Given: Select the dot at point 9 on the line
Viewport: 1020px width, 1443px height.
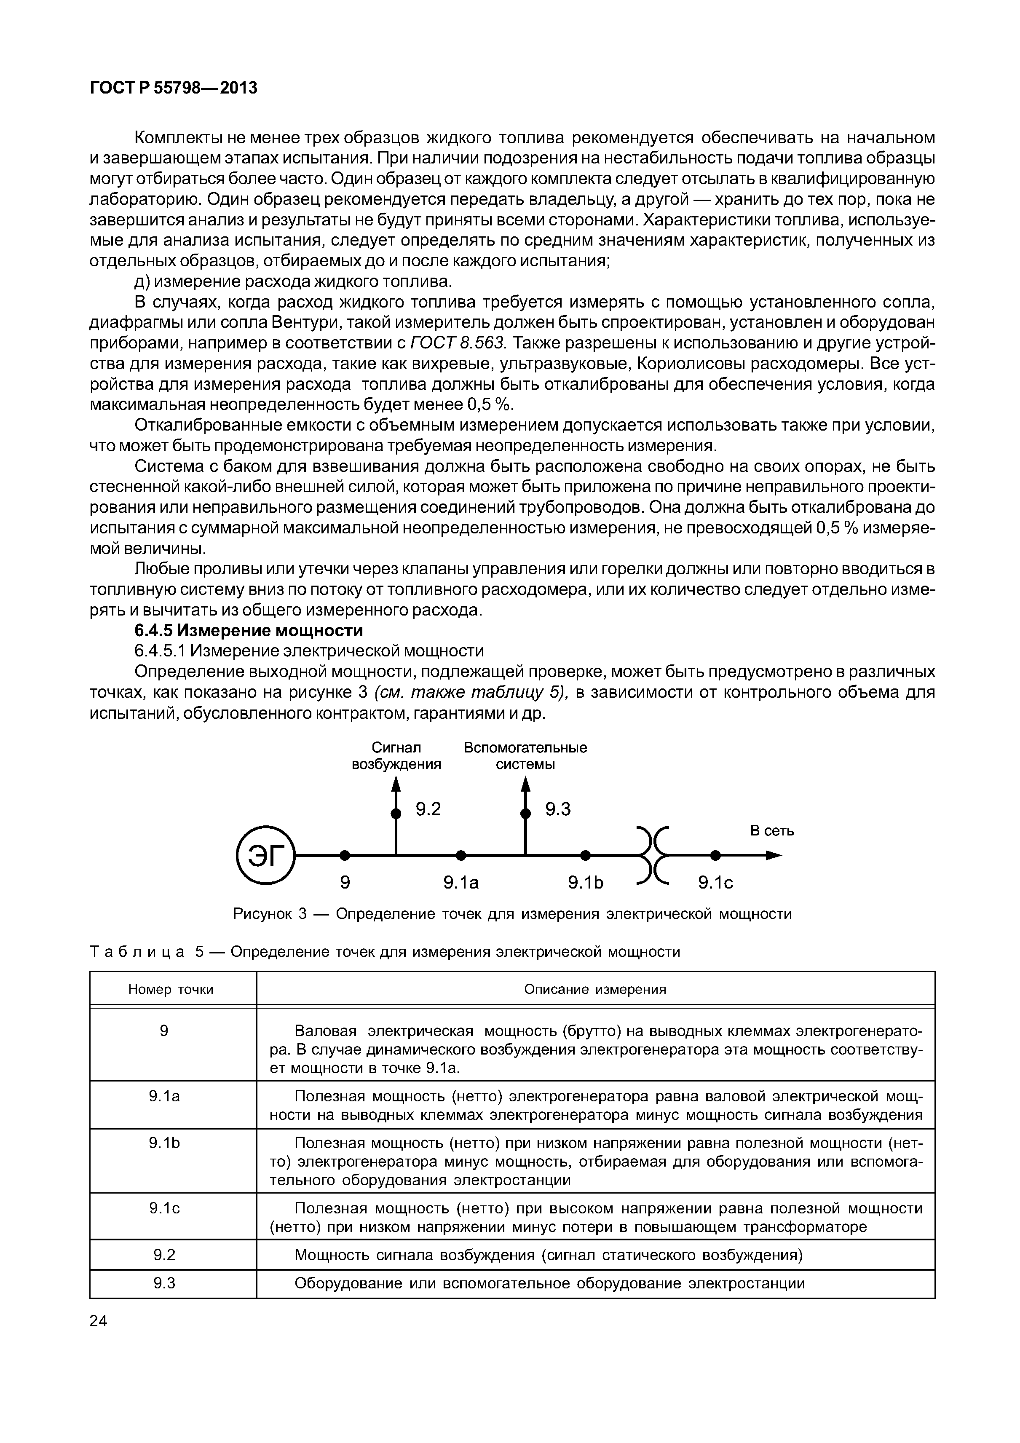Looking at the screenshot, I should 344,855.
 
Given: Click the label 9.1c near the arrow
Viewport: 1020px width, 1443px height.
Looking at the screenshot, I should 716,883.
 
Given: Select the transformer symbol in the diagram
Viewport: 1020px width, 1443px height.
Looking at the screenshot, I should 654,855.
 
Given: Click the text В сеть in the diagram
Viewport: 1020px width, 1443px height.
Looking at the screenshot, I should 772,831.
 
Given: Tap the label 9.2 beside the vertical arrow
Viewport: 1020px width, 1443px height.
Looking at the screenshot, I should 428,809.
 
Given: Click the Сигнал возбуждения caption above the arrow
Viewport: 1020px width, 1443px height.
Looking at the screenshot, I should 396,755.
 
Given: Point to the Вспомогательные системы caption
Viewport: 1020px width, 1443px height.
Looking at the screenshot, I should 525,755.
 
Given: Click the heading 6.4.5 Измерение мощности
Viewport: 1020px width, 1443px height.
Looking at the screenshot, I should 249,630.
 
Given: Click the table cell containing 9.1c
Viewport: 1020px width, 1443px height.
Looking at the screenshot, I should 165,1208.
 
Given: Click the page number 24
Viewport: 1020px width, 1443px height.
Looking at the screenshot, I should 99,1321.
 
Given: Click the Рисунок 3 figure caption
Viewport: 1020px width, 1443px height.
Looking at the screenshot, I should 512,913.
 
